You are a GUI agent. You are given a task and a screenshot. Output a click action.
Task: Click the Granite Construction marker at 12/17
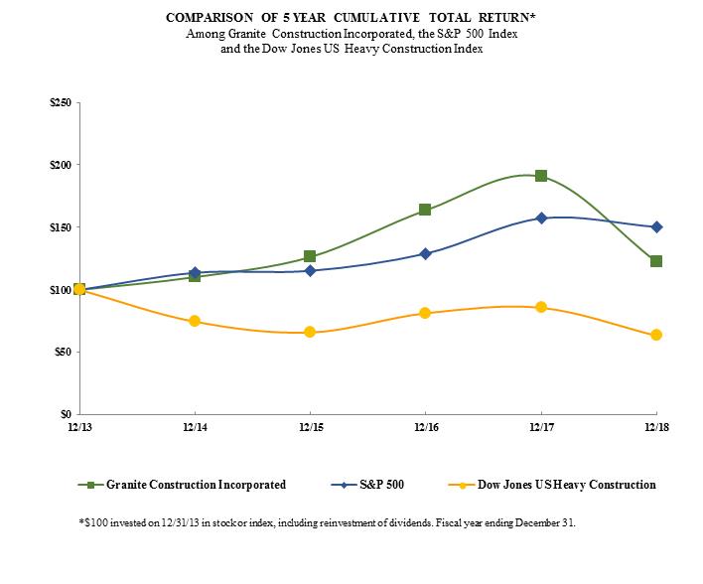(541, 176)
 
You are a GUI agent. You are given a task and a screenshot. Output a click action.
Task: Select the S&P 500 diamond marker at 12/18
(656, 226)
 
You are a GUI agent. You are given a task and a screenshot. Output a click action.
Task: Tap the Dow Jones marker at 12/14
(195, 321)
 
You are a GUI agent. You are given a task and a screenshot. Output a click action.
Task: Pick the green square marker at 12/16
(425, 210)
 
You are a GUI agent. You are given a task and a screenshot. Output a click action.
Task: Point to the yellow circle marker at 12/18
(656, 335)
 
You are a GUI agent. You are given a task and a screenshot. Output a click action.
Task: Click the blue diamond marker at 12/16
(425, 253)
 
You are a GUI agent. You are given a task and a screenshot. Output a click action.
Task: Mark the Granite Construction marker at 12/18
(656, 261)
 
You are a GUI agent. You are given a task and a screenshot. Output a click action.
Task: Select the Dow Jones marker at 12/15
(310, 332)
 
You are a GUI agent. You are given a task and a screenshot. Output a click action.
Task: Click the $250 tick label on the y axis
(61, 102)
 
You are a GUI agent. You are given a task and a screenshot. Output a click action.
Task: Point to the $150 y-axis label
(61, 227)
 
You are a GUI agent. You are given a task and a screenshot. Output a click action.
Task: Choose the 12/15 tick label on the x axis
(310, 427)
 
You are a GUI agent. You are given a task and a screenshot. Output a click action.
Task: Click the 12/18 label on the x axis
(656, 427)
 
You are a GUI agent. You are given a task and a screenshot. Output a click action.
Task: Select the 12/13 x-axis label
(79, 427)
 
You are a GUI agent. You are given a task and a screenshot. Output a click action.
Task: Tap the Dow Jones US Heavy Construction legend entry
(561, 485)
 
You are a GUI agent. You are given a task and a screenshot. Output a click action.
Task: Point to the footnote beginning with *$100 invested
(327, 520)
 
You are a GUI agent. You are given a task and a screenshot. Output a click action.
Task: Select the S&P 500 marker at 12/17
(541, 218)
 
